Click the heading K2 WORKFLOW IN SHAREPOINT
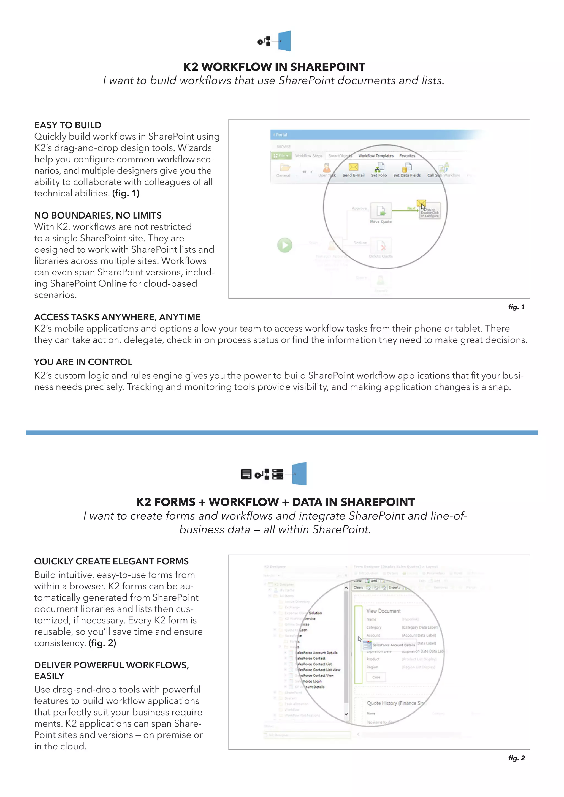[274, 67]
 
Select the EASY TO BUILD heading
[68, 125]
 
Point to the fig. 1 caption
[516, 307]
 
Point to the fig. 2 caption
[516, 758]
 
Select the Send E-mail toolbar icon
[353, 167]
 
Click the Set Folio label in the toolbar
[379, 175]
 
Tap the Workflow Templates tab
[376, 156]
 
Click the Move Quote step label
[381, 222]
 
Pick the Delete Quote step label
[381, 256]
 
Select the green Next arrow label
[411, 208]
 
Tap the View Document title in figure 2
[383, 611]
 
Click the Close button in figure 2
[376, 677]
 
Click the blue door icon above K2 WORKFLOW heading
[284, 41]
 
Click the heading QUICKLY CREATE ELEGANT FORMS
[111, 561]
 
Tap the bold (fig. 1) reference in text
[126, 193]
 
